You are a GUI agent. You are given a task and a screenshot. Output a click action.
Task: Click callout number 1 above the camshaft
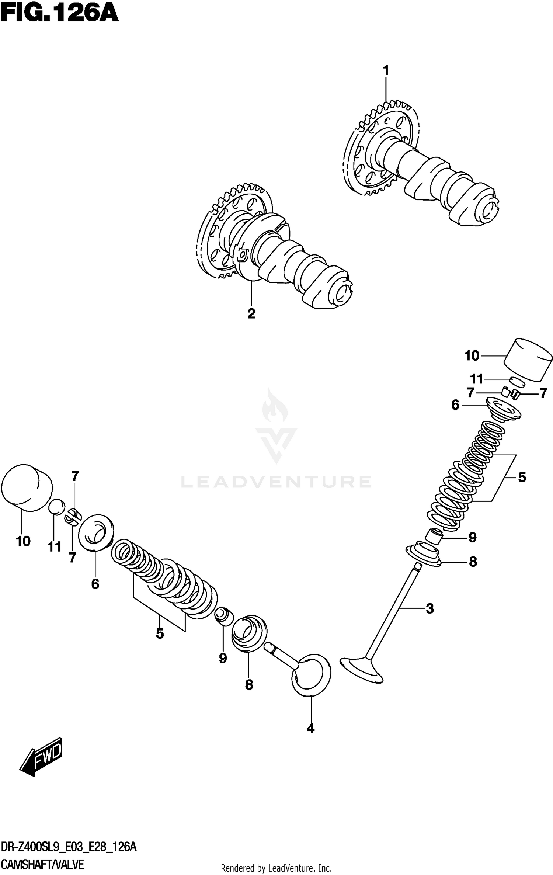[x=386, y=70]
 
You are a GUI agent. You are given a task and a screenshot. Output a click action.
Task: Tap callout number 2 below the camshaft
[x=251, y=313]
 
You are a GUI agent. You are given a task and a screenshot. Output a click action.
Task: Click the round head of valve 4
[x=312, y=675]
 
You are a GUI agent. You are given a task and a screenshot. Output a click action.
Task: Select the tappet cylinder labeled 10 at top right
[x=528, y=360]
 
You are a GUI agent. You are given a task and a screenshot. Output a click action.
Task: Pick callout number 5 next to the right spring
[x=522, y=477]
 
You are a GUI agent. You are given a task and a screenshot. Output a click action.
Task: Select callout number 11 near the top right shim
[x=476, y=379]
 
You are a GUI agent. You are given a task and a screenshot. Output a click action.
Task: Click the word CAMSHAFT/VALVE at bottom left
[x=42, y=864]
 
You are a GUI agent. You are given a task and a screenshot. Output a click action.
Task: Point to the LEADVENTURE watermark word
[x=276, y=482]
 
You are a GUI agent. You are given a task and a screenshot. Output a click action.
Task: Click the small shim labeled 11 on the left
[x=58, y=507]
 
